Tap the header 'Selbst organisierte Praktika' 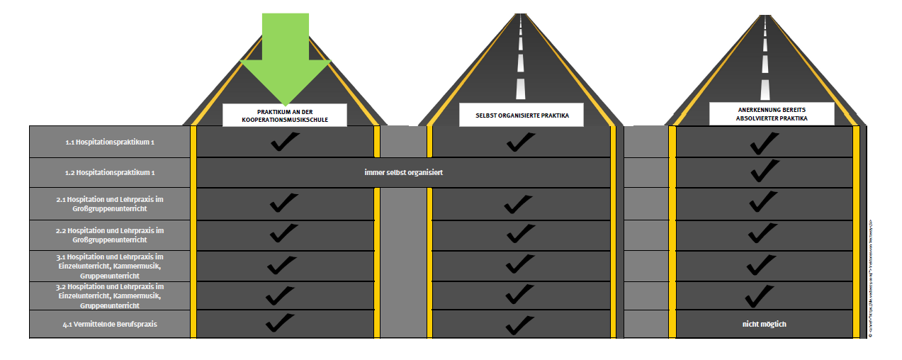522,115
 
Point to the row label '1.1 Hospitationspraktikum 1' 110,142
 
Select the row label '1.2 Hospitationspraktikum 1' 110,172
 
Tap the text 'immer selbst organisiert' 403,172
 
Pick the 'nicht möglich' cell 764,324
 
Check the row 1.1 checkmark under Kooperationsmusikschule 285,142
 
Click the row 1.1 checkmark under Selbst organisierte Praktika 521,142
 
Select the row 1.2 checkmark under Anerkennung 765,171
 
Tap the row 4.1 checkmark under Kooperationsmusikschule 281,322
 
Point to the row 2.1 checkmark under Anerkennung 764,202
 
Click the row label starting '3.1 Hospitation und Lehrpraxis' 110,264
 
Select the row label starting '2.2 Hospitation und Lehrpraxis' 110,235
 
